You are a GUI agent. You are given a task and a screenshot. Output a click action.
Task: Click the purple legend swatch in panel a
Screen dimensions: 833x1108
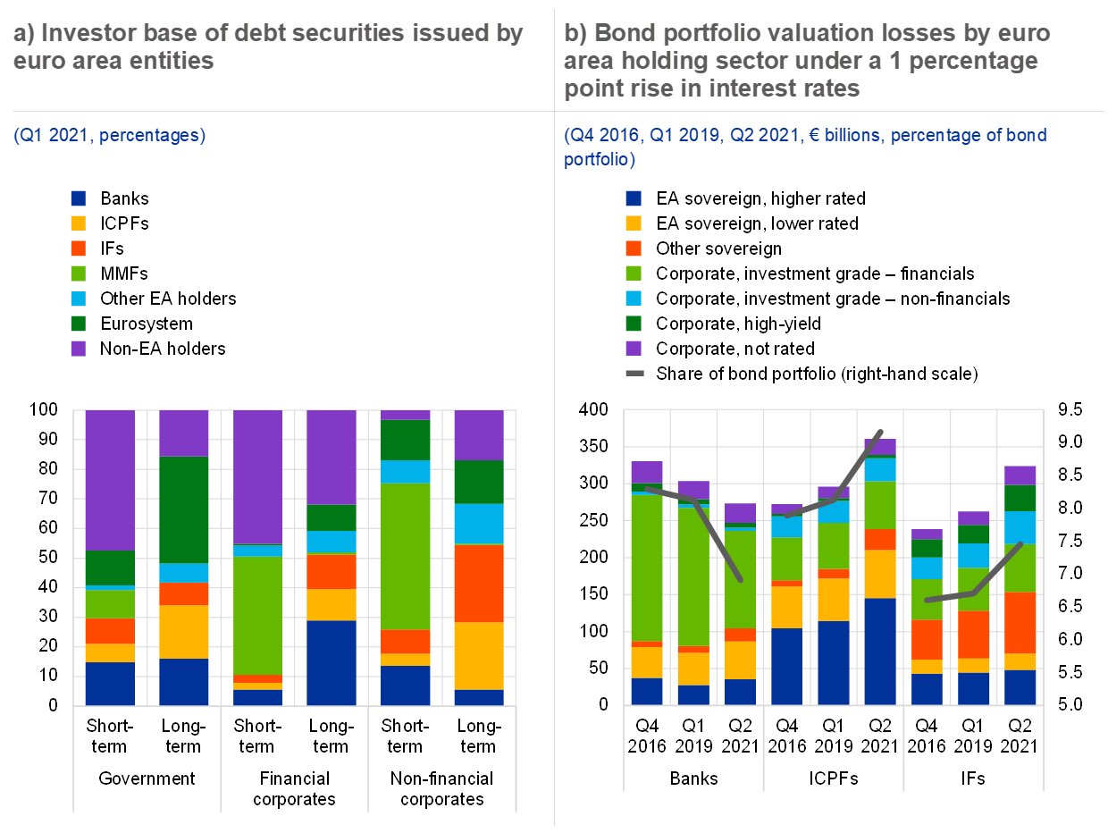79,349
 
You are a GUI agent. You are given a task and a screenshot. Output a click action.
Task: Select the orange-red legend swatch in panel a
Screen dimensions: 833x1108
79,248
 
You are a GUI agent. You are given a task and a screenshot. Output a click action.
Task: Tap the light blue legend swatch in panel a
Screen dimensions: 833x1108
79,299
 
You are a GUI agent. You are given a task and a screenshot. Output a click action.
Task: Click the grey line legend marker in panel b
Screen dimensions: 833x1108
634,373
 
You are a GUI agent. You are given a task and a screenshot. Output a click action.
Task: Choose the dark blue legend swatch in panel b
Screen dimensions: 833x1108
634,198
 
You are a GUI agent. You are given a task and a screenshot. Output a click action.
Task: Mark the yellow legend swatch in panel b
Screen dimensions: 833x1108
634,223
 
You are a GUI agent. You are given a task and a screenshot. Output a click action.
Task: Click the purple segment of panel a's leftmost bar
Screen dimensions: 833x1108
110,480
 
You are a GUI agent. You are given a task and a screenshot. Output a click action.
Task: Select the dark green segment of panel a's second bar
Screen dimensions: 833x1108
184,509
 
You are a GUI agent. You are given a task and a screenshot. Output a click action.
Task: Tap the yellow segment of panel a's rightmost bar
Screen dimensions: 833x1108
479,655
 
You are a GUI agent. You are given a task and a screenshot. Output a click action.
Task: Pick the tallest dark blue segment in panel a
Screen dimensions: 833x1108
332,662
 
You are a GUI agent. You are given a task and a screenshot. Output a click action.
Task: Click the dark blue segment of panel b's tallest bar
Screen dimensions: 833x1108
880,651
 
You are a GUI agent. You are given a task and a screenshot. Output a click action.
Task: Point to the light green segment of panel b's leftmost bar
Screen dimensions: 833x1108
647,568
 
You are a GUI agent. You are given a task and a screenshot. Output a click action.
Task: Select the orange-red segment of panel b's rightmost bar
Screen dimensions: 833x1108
1020,622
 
